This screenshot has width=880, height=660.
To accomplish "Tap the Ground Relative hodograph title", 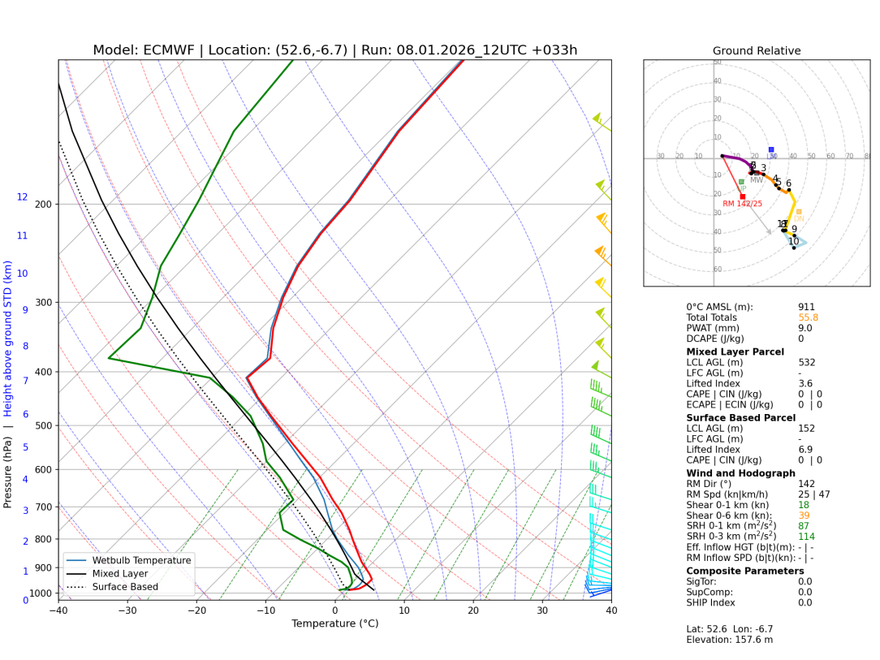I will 757,51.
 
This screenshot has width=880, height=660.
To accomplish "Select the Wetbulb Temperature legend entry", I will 141,560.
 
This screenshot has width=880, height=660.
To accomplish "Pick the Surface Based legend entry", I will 125,587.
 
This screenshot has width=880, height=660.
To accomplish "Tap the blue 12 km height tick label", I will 22,197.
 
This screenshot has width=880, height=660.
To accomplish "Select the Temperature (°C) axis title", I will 334,624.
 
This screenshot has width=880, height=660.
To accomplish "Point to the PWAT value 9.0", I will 805,330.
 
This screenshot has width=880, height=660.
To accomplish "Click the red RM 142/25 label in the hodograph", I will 742,204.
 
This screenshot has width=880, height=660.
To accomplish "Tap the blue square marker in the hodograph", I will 771,149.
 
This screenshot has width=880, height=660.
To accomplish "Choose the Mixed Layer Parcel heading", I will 735,352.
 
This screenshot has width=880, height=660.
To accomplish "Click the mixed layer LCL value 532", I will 806,363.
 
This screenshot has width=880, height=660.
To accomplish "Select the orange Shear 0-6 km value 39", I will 804,515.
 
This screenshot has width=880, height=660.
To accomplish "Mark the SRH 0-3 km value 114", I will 806,537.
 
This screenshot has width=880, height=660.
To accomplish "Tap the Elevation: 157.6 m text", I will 729,640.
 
